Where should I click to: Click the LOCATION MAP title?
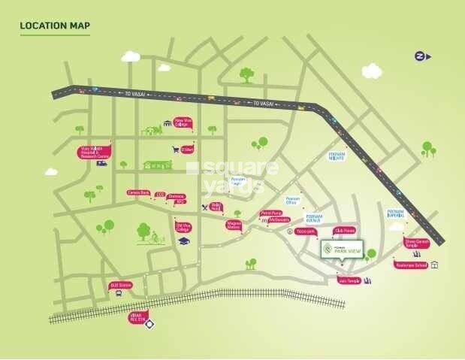55,26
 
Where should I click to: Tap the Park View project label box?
342,249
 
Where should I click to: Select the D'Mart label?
187,150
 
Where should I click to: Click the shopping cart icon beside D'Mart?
176,150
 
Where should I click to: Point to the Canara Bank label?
138,192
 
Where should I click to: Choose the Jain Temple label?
349,280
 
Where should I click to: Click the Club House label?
344,231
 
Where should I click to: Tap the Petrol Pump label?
270,213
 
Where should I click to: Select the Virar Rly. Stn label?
137,318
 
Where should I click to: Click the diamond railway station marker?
149,325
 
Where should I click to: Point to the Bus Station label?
120,285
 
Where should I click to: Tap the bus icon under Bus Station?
119,293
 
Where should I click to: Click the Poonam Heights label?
337,156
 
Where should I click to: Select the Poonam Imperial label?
395,213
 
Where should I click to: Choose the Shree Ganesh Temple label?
416,243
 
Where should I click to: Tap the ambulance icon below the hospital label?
101,163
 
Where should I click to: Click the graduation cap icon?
183,241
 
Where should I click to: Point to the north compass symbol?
421,56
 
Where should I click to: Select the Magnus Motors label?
234,225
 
